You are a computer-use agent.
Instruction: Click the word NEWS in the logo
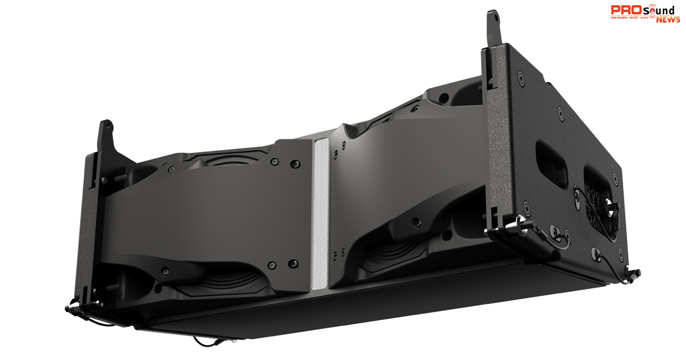coord(668,19)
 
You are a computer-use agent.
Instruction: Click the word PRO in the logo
coord(624,10)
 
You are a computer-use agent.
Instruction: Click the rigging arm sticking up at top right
coord(493,29)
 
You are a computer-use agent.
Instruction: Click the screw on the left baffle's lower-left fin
coord(165,270)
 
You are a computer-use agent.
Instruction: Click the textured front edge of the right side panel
coord(496,143)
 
